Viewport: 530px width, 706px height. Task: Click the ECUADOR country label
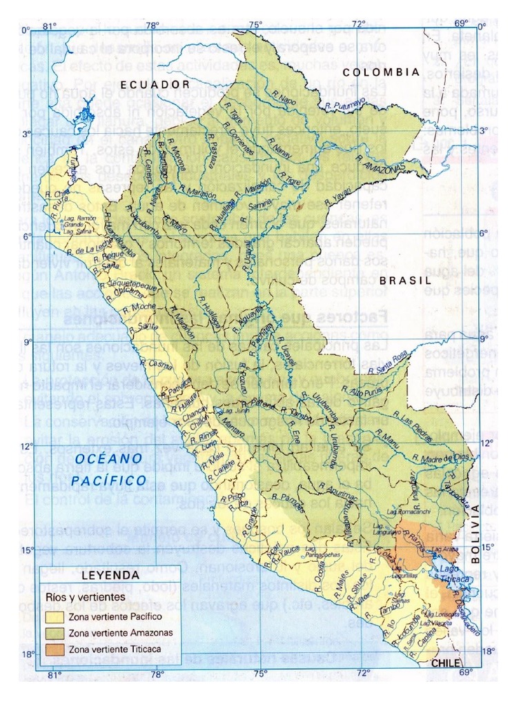(x=155, y=84)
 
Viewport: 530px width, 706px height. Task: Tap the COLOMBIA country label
(x=382, y=72)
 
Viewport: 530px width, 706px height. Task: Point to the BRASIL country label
(x=404, y=281)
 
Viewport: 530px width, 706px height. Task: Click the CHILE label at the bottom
(x=445, y=663)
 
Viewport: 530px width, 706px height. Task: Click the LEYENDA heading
(x=111, y=574)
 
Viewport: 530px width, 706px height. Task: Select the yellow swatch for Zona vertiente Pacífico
(x=56, y=616)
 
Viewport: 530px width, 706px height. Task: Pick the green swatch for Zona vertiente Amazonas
(x=56, y=632)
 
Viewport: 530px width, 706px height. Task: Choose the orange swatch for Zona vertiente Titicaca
(x=56, y=649)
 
